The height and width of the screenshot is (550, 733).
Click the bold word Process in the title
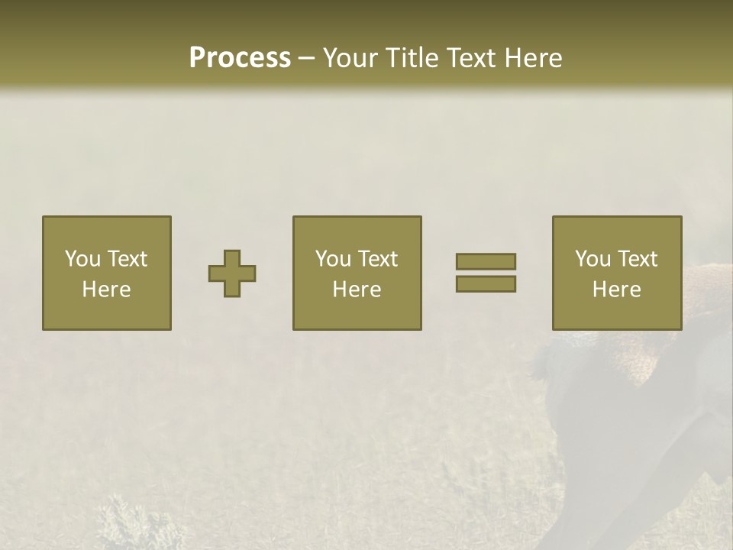[x=240, y=58]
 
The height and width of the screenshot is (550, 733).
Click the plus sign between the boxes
[x=232, y=273]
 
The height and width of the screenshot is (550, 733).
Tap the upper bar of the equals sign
[x=486, y=261]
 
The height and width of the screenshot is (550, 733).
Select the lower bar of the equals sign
[x=486, y=284]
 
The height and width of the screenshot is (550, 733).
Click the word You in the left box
[x=82, y=259]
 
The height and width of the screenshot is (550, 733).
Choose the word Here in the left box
[x=106, y=290]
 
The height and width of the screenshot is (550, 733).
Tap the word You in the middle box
[x=332, y=259]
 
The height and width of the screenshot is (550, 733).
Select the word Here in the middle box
[x=357, y=290]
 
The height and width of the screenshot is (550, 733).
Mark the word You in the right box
[x=592, y=259]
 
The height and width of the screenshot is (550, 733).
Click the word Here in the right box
[x=616, y=290]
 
